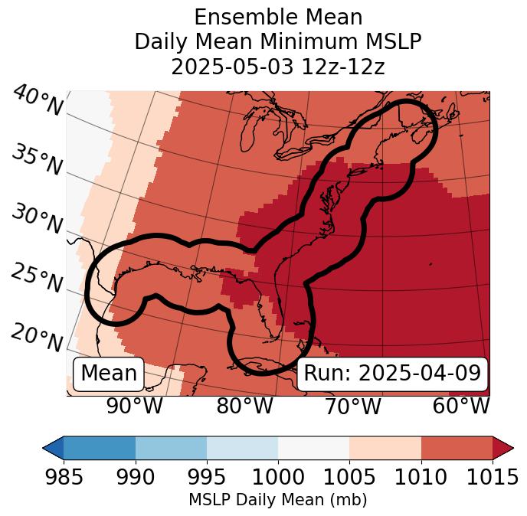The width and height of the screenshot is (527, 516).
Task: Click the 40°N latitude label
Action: click(x=38, y=102)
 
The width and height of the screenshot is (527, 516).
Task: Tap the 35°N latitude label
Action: click(x=36, y=159)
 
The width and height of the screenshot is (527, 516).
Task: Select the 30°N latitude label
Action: click(x=36, y=220)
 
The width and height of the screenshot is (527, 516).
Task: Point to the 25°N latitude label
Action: click(x=36, y=279)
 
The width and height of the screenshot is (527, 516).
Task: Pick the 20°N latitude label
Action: click(x=36, y=338)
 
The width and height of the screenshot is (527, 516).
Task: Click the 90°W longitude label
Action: click(x=134, y=407)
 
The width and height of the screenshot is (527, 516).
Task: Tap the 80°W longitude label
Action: click(x=244, y=407)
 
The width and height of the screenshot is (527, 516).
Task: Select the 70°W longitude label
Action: click(x=352, y=407)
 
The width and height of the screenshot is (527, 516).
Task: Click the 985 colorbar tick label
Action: click(x=64, y=478)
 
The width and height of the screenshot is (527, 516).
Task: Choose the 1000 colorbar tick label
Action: click(x=278, y=478)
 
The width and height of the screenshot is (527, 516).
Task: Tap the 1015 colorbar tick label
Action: click(x=493, y=478)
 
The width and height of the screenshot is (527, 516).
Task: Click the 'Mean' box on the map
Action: click(x=109, y=374)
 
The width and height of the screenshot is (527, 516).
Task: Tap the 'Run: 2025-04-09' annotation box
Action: click(x=392, y=374)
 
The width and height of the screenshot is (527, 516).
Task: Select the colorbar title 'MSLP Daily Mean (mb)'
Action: click(x=278, y=501)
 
